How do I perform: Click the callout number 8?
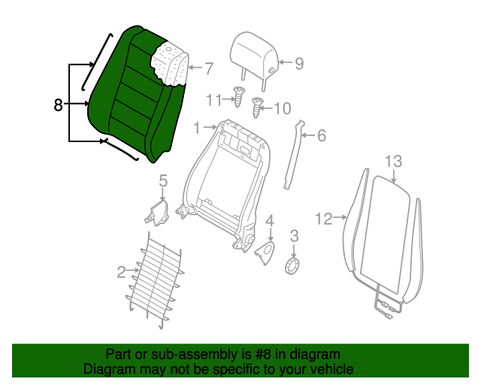[x=59, y=105]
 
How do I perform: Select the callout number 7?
[x=208, y=68]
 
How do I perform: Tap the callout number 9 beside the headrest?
[x=298, y=64]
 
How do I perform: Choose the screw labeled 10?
[x=259, y=106]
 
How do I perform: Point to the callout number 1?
[x=198, y=129]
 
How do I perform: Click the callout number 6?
[x=321, y=136]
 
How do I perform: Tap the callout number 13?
[x=394, y=161]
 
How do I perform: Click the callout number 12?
[x=323, y=219]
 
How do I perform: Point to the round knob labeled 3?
[x=294, y=266]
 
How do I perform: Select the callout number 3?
[x=294, y=236]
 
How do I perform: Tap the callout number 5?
[x=162, y=180]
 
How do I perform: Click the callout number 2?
[x=122, y=272]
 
